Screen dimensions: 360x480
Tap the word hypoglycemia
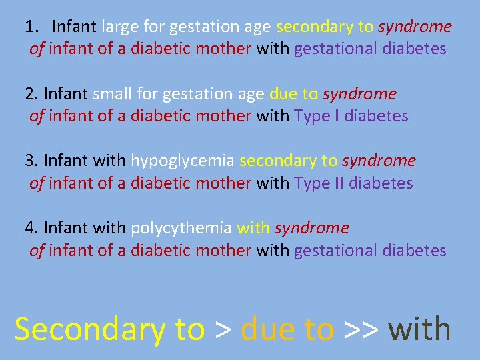[x=183, y=161]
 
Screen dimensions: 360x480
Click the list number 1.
[x=31, y=27]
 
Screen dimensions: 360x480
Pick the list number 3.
[x=31, y=161]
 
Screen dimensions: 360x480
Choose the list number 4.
[x=31, y=228]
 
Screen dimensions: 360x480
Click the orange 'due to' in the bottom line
[x=287, y=329]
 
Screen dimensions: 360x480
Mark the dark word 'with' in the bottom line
[x=419, y=329]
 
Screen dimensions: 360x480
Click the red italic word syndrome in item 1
[x=415, y=27]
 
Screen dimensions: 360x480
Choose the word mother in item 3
[x=222, y=183]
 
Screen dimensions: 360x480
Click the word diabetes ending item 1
[x=415, y=49]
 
